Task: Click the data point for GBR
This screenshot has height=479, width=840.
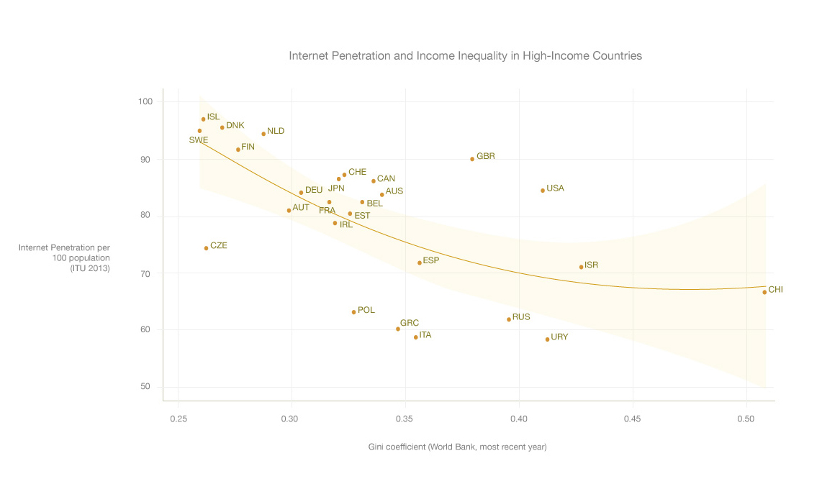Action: click(x=472, y=159)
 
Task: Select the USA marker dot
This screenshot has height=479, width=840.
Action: click(x=543, y=191)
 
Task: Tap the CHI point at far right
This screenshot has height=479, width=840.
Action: click(x=764, y=292)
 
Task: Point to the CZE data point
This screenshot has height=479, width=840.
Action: click(x=206, y=248)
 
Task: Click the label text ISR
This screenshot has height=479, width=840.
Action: click(x=591, y=265)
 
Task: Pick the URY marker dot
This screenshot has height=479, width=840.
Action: click(x=547, y=339)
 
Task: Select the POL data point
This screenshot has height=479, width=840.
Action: click(x=353, y=312)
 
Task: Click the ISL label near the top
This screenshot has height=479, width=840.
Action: click(x=213, y=117)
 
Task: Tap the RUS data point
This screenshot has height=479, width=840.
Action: click(x=509, y=319)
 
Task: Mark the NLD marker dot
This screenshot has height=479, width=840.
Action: click(x=263, y=134)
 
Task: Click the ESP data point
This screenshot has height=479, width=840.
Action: click(x=420, y=263)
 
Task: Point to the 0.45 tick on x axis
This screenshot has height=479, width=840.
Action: click(x=633, y=418)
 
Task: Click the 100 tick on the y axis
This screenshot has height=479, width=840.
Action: click(x=145, y=102)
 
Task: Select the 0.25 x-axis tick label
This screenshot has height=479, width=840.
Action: click(x=178, y=418)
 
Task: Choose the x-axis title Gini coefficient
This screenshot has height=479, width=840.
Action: click(x=457, y=447)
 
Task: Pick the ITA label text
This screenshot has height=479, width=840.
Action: click(x=425, y=335)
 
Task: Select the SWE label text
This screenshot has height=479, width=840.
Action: click(x=199, y=140)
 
